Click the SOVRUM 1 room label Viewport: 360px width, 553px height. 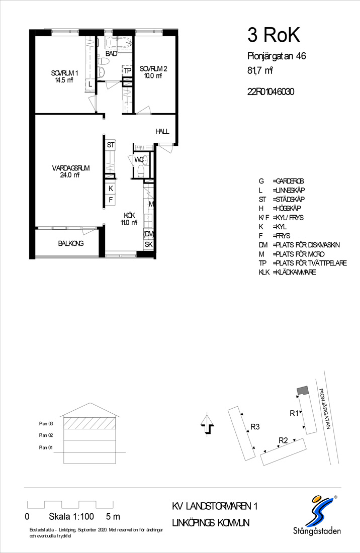(x=64, y=73)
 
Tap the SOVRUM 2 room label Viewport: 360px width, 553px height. (x=153, y=69)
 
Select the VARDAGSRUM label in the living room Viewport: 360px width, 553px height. (x=70, y=168)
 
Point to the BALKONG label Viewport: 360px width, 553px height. (x=71, y=243)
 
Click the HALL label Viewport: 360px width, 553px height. (x=162, y=131)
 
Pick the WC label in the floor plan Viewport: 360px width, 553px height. (x=139, y=160)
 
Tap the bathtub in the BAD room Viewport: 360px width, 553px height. (x=118, y=43)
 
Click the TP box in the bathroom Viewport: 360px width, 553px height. (x=127, y=71)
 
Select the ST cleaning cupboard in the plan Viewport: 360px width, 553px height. (x=111, y=145)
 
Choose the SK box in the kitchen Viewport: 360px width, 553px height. (x=148, y=244)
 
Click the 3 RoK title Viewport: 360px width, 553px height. (x=274, y=35)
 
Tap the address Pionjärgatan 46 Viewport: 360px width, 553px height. (x=277, y=56)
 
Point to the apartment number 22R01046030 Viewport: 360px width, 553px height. (x=271, y=91)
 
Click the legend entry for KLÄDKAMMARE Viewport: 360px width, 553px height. (x=288, y=272)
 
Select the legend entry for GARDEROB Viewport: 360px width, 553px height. (x=281, y=181)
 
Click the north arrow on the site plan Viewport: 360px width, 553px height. (x=207, y=425)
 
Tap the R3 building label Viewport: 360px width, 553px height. (x=255, y=427)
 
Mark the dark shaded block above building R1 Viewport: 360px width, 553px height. (x=303, y=391)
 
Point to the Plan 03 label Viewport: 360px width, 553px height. (x=46, y=424)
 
